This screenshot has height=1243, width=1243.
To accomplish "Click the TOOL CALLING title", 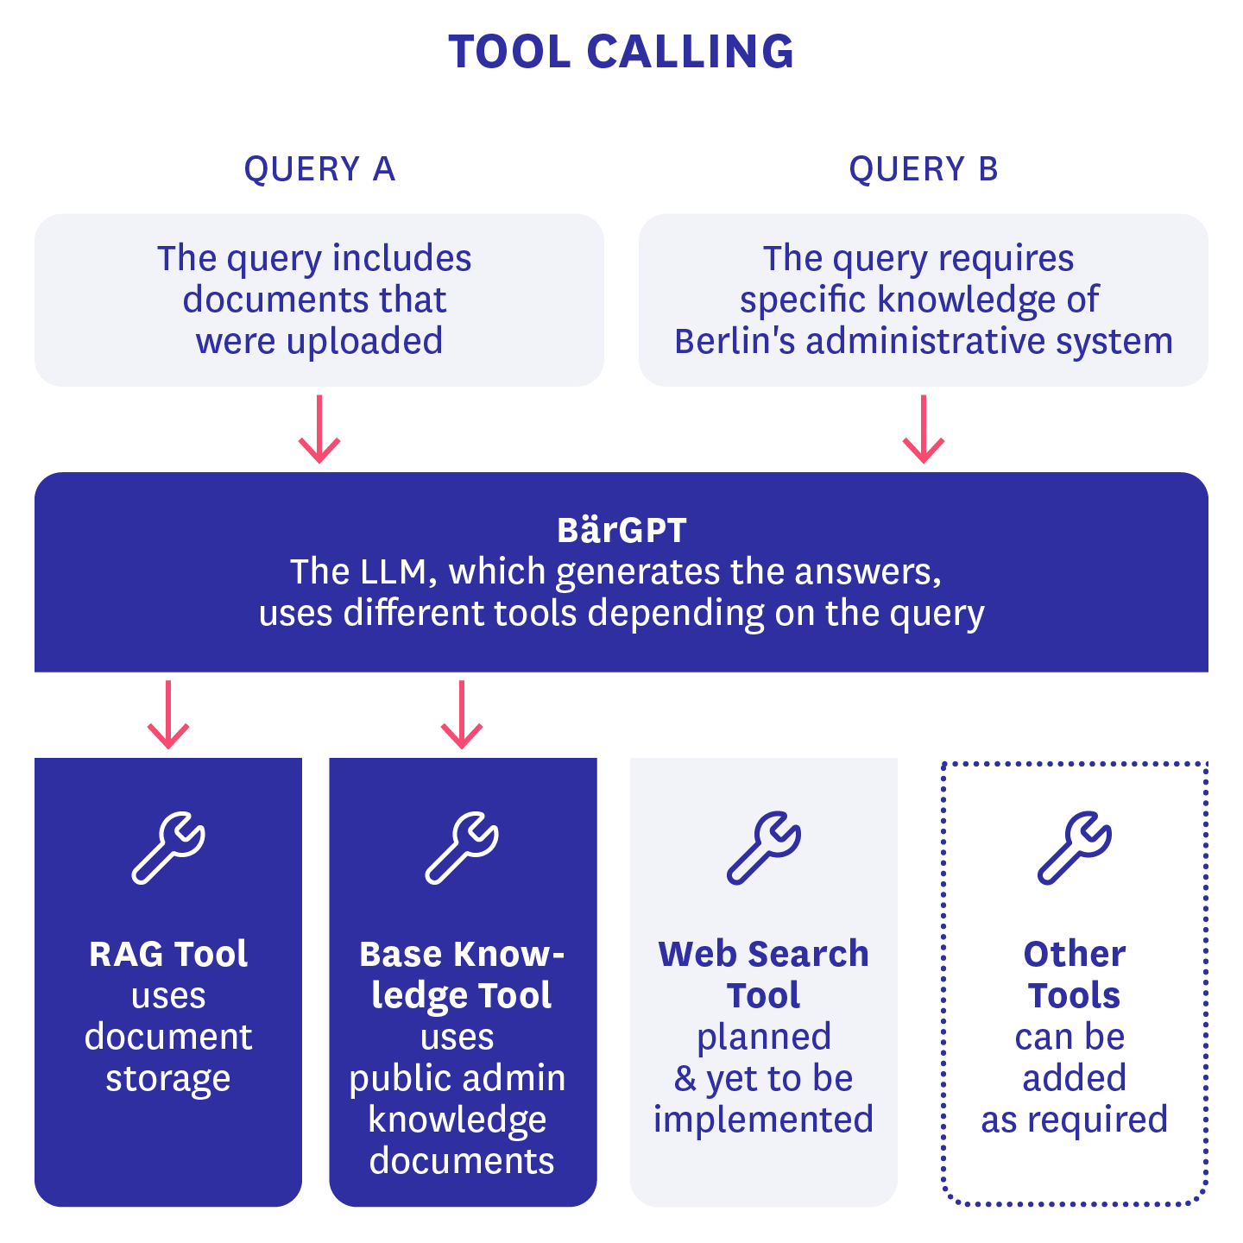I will click(x=621, y=52).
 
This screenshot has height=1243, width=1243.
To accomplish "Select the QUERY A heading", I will click(x=319, y=169).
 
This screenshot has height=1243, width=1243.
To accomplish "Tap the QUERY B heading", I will click(x=924, y=169).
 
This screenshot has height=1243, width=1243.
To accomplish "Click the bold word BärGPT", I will click(x=621, y=530).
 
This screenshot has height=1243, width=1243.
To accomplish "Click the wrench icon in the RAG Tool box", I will click(x=168, y=848).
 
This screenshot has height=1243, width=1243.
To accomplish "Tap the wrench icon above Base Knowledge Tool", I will click(x=462, y=848).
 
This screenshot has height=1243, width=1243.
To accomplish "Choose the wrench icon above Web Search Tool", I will click(x=764, y=848).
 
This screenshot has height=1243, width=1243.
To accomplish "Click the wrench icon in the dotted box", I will click(x=1075, y=848).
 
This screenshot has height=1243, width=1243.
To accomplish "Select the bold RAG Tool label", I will click(x=168, y=954).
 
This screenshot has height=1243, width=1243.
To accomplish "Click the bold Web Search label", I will click(x=764, y=954).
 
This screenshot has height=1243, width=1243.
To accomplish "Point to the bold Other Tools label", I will click(x=1075, y=974).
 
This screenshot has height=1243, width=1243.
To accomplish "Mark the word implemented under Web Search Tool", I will click(x=764, y=1120).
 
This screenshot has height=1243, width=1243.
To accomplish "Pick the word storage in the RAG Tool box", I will click(x=168, y=1079).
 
